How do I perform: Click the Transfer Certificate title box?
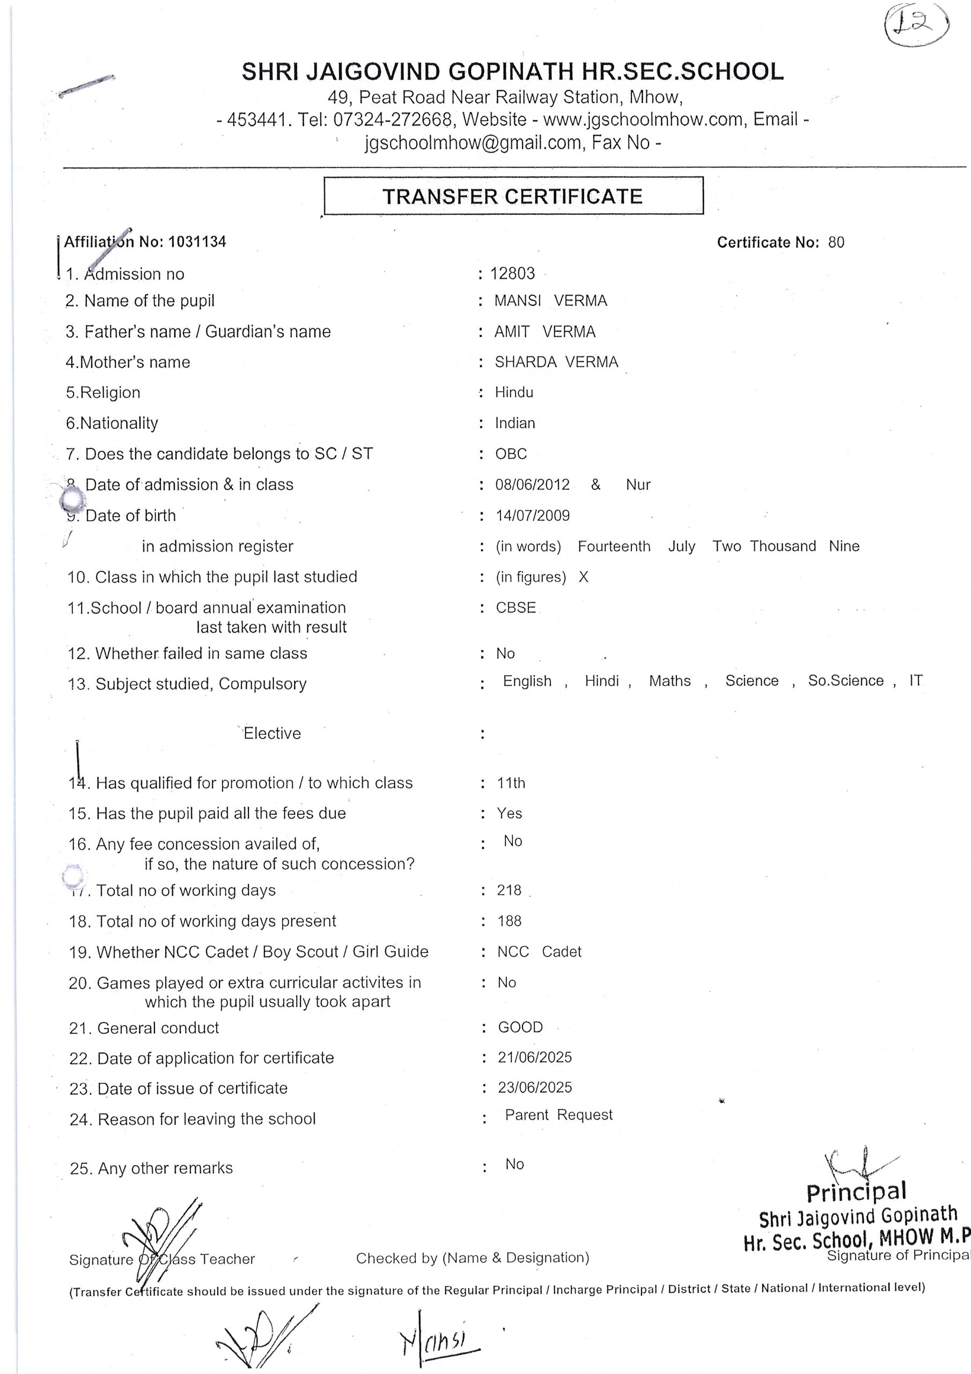pos(513,196)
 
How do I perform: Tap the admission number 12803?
pos(512,274)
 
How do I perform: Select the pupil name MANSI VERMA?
pos(550,301)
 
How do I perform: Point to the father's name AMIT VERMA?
pos(545,332)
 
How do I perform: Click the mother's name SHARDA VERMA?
pos(556,362)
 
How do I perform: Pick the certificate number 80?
pos(836,243)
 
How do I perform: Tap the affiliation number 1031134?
pos(197,242)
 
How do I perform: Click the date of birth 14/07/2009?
pos(533,515)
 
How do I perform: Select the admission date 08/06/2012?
pos(533,484)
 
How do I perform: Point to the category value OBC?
pos(511,454)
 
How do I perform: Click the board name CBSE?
pos(516,608)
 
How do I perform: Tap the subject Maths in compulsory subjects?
pos(670,681)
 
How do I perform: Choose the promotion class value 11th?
pos(511,783)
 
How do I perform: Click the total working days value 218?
pos(509,890)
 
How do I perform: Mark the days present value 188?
pos(509,920)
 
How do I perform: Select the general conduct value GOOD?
pos(520,1027)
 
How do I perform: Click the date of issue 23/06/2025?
pos(535,1087)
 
